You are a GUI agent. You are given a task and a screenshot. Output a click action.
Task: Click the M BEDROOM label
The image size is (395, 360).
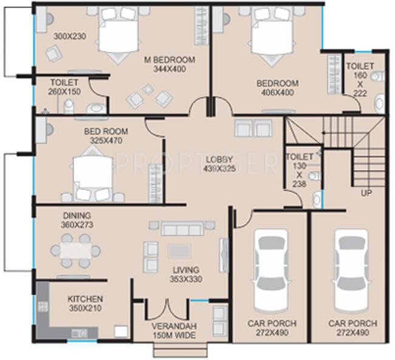pyautogui.click(x=170, y=60)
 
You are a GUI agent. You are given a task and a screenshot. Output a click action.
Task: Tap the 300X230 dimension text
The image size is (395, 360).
pyautogui.click(x=69, y=36)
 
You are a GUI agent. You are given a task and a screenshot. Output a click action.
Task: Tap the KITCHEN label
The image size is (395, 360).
pyautogui.click(x=85, y=299)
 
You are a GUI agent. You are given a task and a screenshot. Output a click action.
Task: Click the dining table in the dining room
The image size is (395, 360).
pyautogui.click(x=76, y=250)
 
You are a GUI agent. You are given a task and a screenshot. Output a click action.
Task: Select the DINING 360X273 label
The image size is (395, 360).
pyautogui.click(x=77, y=220)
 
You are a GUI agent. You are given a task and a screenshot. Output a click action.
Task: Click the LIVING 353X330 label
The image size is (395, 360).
pyautogui.click(x=185, y=274)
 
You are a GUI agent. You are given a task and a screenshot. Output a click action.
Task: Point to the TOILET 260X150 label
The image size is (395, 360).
pyautogui.click(x=64, y=87)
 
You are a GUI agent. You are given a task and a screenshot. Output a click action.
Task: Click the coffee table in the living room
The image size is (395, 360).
pyautogui.click(x=179, y=251)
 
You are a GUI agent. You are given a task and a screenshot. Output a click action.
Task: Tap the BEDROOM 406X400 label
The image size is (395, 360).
pyautogui.click(x=277, y=88)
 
